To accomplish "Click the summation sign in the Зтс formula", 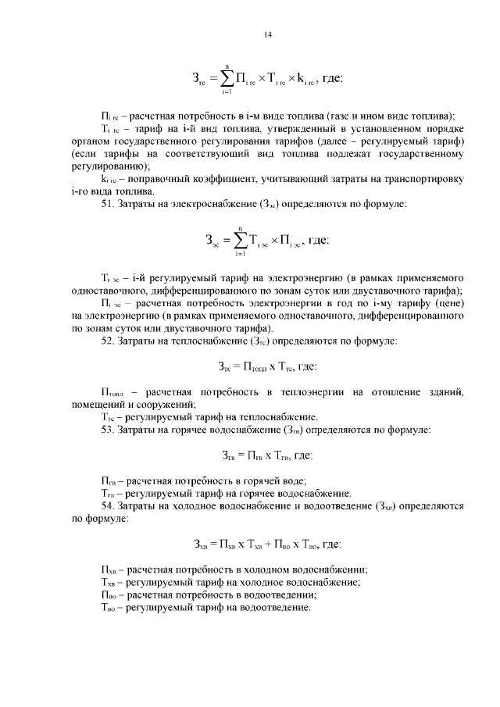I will (x=226, y=79).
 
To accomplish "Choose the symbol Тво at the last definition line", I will (x=110, y=607).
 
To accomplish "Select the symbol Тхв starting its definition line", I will (x=109, y=581).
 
